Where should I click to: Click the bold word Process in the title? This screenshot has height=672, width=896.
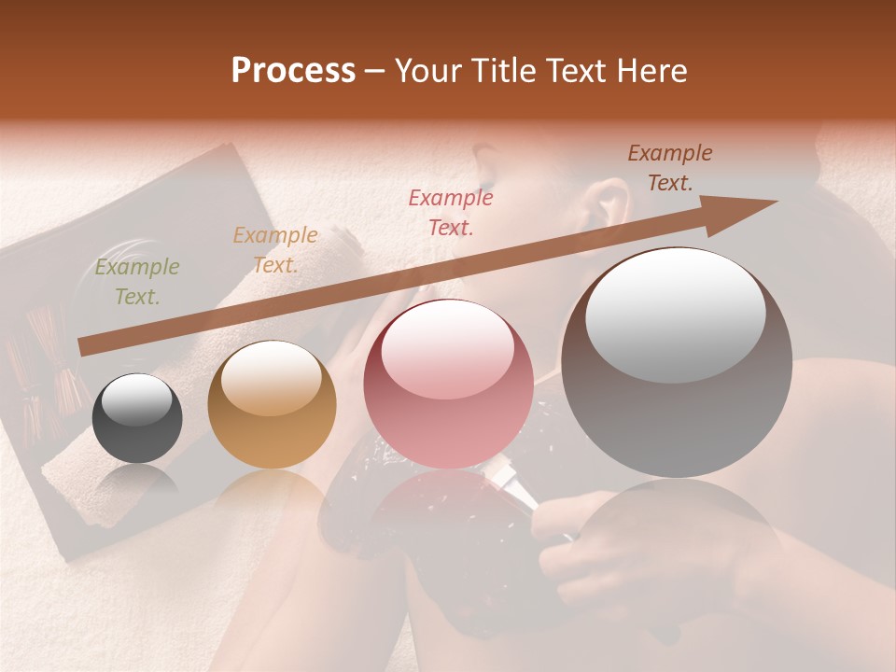pyautogui.click(x=293, y=71)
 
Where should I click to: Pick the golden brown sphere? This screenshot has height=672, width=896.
pyautogui.click(x=272, y=404)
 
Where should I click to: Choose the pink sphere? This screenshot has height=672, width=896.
pyautogui.click(x=448, y=384)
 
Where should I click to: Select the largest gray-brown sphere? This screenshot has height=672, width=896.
pyautogui.click(x=677, y=362)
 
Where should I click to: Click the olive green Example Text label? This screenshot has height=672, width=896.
pyautogui.click(x=137, y=282)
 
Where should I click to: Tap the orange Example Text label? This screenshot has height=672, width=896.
pyautogui.click(x=275, y=250)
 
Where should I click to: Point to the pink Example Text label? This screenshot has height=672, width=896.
pyautogui.click(x=451, y=212)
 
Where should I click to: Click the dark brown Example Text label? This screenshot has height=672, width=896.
pyautogui.click(x=670, y=168)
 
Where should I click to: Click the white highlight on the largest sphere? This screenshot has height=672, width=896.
pyautogui.click(x=675, y=316)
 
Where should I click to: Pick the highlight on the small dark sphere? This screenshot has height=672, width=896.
pyautogui.click(x=136, y=402)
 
